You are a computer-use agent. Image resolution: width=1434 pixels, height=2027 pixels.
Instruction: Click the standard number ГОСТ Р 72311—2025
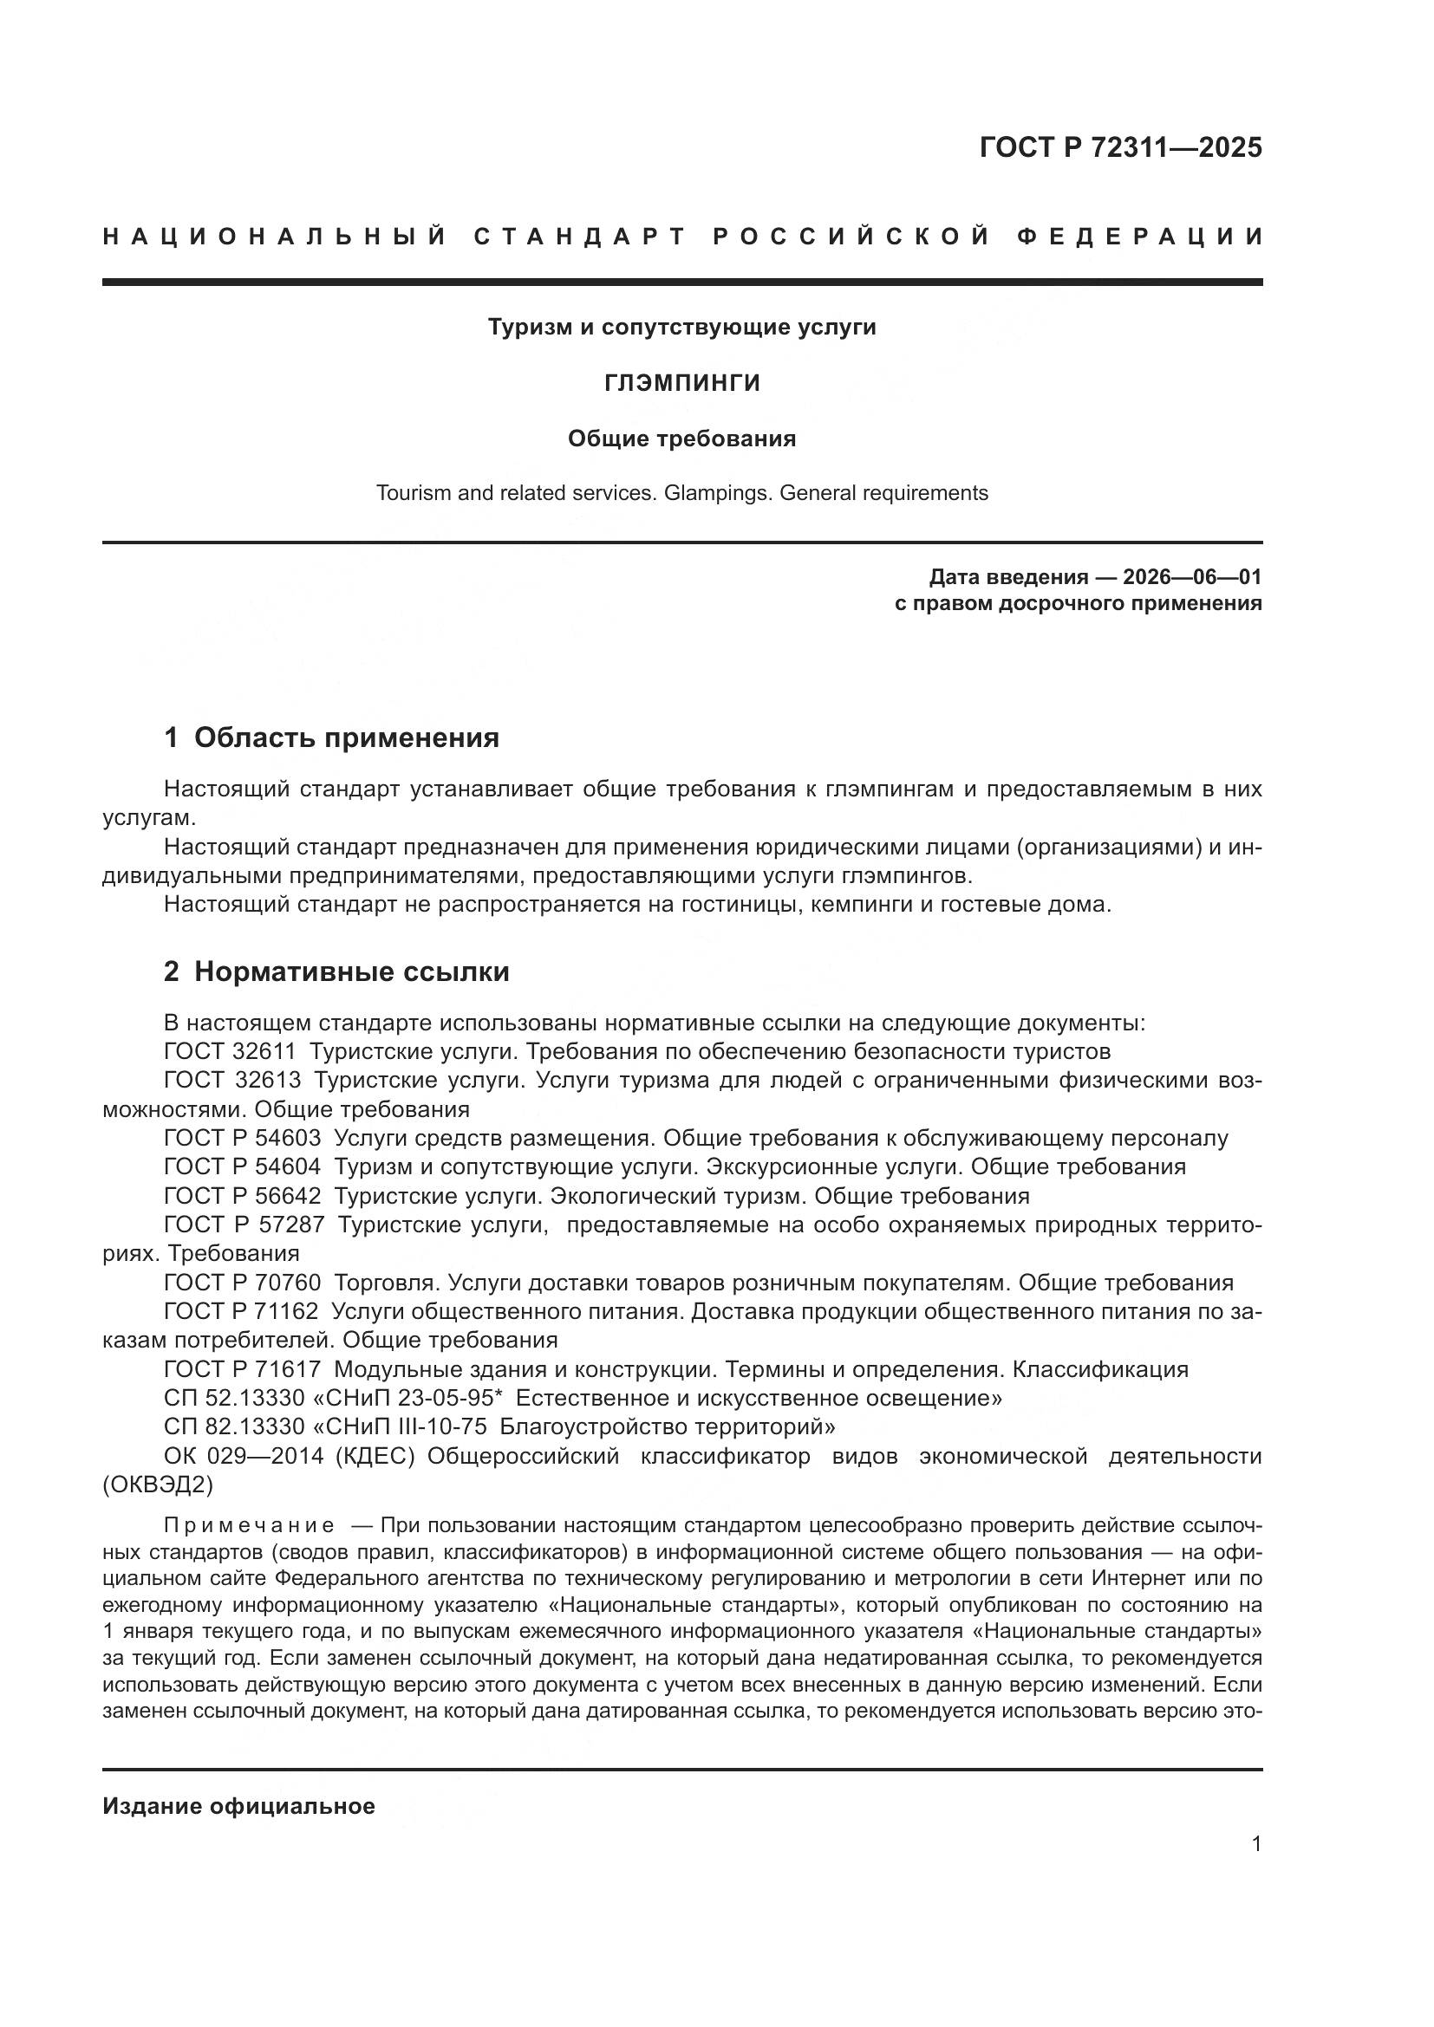pos(1120,147)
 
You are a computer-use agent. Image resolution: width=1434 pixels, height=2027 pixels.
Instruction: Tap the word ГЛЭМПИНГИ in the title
pos(681,383)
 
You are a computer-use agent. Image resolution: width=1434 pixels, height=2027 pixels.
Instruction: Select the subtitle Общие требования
pos(681,439)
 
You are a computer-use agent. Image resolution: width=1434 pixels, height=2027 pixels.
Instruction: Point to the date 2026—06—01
pos(1192,577)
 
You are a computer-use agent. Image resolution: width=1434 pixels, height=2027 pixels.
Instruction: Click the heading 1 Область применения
pos(332,737)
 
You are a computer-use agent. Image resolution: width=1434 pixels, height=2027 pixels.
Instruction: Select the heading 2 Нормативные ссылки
pos(336,972)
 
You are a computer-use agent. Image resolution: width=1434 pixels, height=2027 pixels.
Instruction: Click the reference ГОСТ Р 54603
pos(242,1138)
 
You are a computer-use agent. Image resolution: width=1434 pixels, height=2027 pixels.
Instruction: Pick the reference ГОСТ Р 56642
pos(242,1196)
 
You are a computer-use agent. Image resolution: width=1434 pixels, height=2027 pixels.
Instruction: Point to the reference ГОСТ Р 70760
pos(242,1283)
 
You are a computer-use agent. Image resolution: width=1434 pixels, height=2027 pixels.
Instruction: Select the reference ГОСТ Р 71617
pos(242,1369)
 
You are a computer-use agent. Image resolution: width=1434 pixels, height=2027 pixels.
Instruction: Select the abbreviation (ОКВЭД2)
pos(158,1485)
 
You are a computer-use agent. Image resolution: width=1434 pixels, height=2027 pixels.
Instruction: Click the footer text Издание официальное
pos(238,1806)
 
